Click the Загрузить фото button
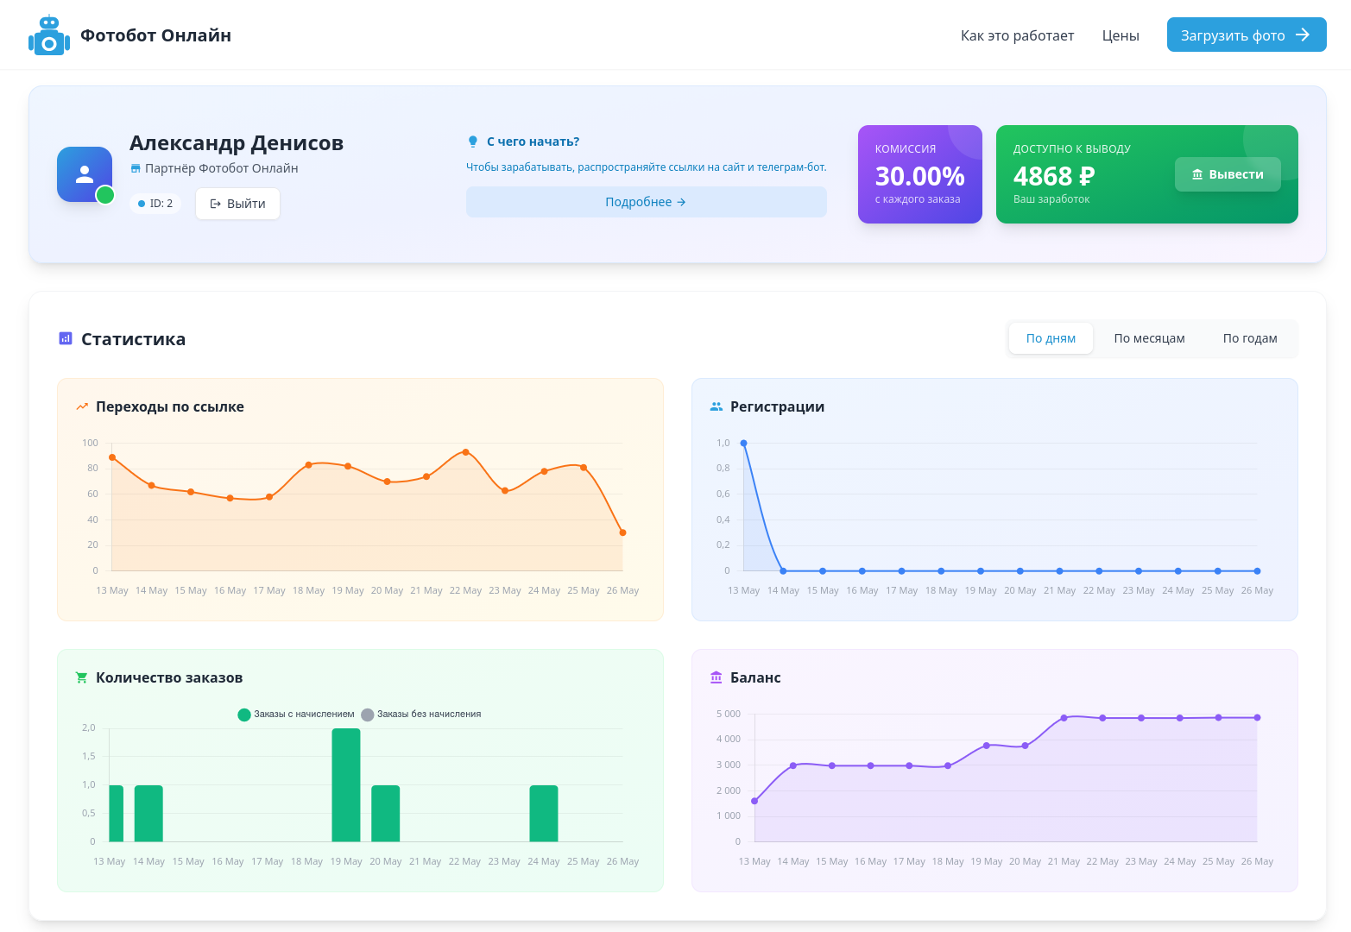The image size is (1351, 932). tap(1246, 35)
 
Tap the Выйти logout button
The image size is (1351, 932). tap(237, 204)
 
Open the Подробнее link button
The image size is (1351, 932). tap(646, 202)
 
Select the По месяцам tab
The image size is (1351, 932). tap(1149, 338)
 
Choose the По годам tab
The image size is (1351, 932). tap(1250, 338)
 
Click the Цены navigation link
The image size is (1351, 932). tap(1120, 35)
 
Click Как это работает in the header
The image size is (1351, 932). tap(1017, 35)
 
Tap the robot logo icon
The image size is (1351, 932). tap(49, 35)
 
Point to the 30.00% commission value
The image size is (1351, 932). tap(919, 176)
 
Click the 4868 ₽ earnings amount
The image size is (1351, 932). tap(1054, 176)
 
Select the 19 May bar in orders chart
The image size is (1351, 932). tap(346, 785)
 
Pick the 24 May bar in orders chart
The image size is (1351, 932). tap(543, 813)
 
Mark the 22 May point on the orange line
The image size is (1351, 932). tap(465, 452)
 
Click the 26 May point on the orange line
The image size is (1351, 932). tap(623, 533)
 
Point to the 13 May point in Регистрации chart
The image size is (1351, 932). tap(743, 443)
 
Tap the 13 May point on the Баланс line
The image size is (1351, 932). tap(754, 801)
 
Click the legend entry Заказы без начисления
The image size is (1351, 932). tap(421, 715)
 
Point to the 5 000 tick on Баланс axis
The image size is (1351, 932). tap(728, 714)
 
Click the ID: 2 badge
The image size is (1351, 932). tap(155, 204)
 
